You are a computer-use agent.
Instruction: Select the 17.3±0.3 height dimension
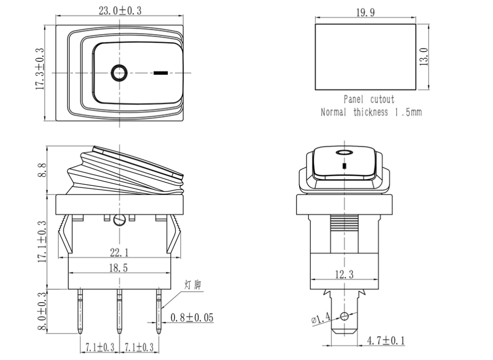click(x=40, y=69)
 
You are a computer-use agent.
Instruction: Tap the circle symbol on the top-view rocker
click(x=119, y=72)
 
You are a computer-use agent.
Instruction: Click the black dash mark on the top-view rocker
click(x=161, y=72)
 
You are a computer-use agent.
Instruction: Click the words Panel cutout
click(x=369, y=99)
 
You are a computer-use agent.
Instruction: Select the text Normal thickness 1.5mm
click(x=371, y=112)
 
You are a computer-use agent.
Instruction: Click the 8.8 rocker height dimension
click(x=42, y=170)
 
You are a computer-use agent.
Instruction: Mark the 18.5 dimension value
click(x=118, y=269)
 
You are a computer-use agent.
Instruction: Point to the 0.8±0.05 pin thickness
click(x=192, y=318)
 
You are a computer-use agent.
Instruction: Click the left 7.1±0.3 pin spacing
click(x=98, y=348)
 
